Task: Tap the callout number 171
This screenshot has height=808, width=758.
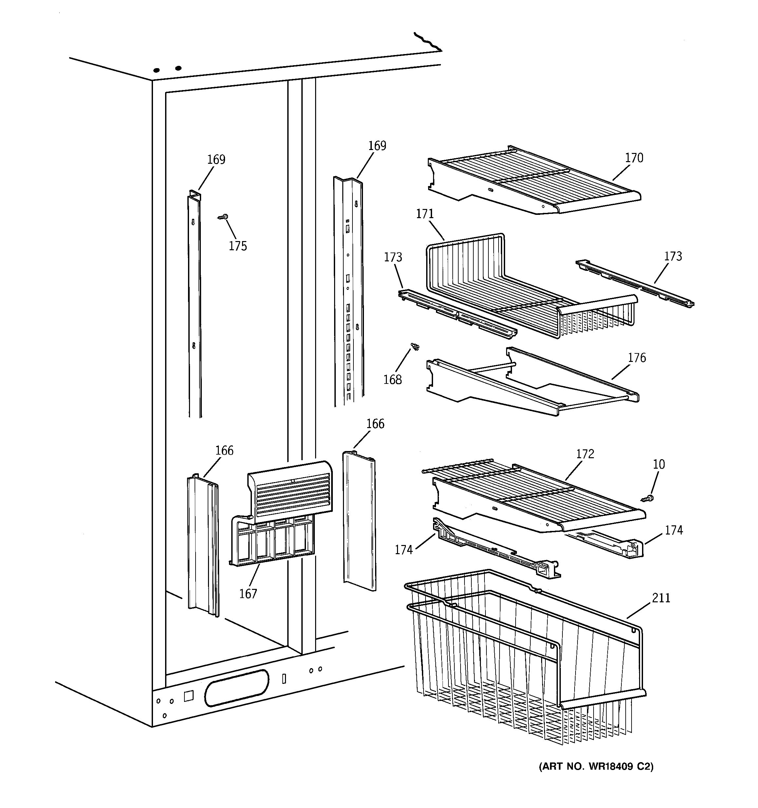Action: point(425,214)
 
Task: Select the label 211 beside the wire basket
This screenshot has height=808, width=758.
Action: point(661,598)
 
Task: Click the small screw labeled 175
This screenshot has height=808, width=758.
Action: point(223,217)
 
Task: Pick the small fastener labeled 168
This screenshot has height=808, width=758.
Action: point(415,347)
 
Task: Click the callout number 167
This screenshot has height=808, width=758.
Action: point(248,594)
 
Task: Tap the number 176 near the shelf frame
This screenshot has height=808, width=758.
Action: point(636,358)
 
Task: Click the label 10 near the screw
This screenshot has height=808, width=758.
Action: point(658,464)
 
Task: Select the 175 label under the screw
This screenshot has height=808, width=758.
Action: point(238,246)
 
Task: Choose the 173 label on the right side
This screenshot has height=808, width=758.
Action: point(673,256)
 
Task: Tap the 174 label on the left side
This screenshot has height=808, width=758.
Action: point(404,550)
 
